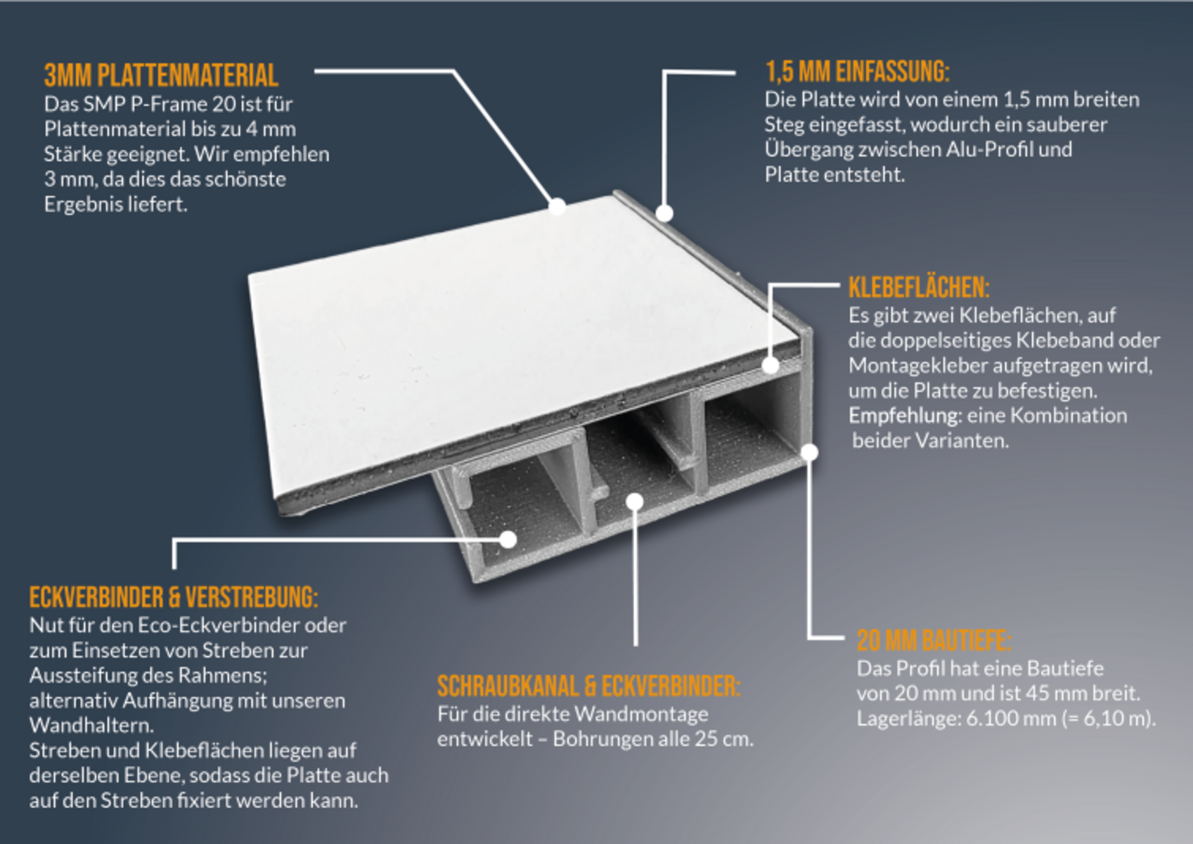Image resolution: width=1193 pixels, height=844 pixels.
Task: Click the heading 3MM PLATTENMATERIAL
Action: [161, 75]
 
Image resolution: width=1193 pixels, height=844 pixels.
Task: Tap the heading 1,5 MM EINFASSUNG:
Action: [858, 72]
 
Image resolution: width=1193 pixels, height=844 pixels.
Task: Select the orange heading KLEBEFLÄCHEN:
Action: [919, 287]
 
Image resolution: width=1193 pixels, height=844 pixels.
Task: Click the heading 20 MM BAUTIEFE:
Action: [934, 640]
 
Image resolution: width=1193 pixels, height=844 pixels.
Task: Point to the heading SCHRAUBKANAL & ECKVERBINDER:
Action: [588, 686]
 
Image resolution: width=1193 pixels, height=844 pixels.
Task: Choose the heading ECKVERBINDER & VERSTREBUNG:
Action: [174, 596]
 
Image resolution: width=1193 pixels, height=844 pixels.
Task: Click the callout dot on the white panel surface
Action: [557, 206]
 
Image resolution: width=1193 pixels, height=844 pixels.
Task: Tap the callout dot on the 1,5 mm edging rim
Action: [664, 213]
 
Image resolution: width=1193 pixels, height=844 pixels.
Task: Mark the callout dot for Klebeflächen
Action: [770, 365]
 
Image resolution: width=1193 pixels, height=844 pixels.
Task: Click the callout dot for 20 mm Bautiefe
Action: [809, 452]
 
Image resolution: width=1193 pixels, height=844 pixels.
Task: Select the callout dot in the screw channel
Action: [635, 501]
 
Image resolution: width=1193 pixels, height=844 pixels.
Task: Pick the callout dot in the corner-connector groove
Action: [508, 539]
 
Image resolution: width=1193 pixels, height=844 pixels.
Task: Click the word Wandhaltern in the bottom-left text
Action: [91, 725]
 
